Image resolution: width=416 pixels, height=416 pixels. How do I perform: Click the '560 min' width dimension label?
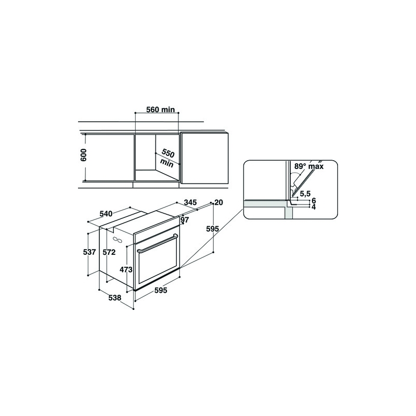pyautogui.click(x=160, y=109)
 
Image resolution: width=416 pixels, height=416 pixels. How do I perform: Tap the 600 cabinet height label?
pyautogui.click(x=84, y=155)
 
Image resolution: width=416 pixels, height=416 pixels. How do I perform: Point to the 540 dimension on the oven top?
pyautogui.click(x=106, y=214)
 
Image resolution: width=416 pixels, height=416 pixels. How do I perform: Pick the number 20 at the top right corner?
pyautogui.click(x=218, y=203)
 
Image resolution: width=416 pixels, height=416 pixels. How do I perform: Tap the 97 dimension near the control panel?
pyautogui.click(x=184, y=220)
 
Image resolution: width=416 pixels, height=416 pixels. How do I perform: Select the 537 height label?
pyautogui.click(x=89, y=252)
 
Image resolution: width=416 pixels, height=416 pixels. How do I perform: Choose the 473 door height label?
pyautogui.click(x=126, y=269)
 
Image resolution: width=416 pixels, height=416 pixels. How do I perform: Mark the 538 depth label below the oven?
pyautogui.click(x=114, y=298)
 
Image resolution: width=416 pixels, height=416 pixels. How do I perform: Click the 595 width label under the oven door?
pyautogui.click(x=161, y=291)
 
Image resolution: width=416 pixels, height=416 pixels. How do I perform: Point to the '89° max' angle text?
pyautogui.click(x=309, y=167)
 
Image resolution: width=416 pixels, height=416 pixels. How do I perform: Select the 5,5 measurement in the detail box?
pyautogui.click(x=305, y=194)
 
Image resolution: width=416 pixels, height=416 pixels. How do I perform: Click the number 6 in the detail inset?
pyautogui.click(x=314, y=201)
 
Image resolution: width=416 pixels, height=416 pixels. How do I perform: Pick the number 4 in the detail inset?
pyautogui.click(x=314, y=206)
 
